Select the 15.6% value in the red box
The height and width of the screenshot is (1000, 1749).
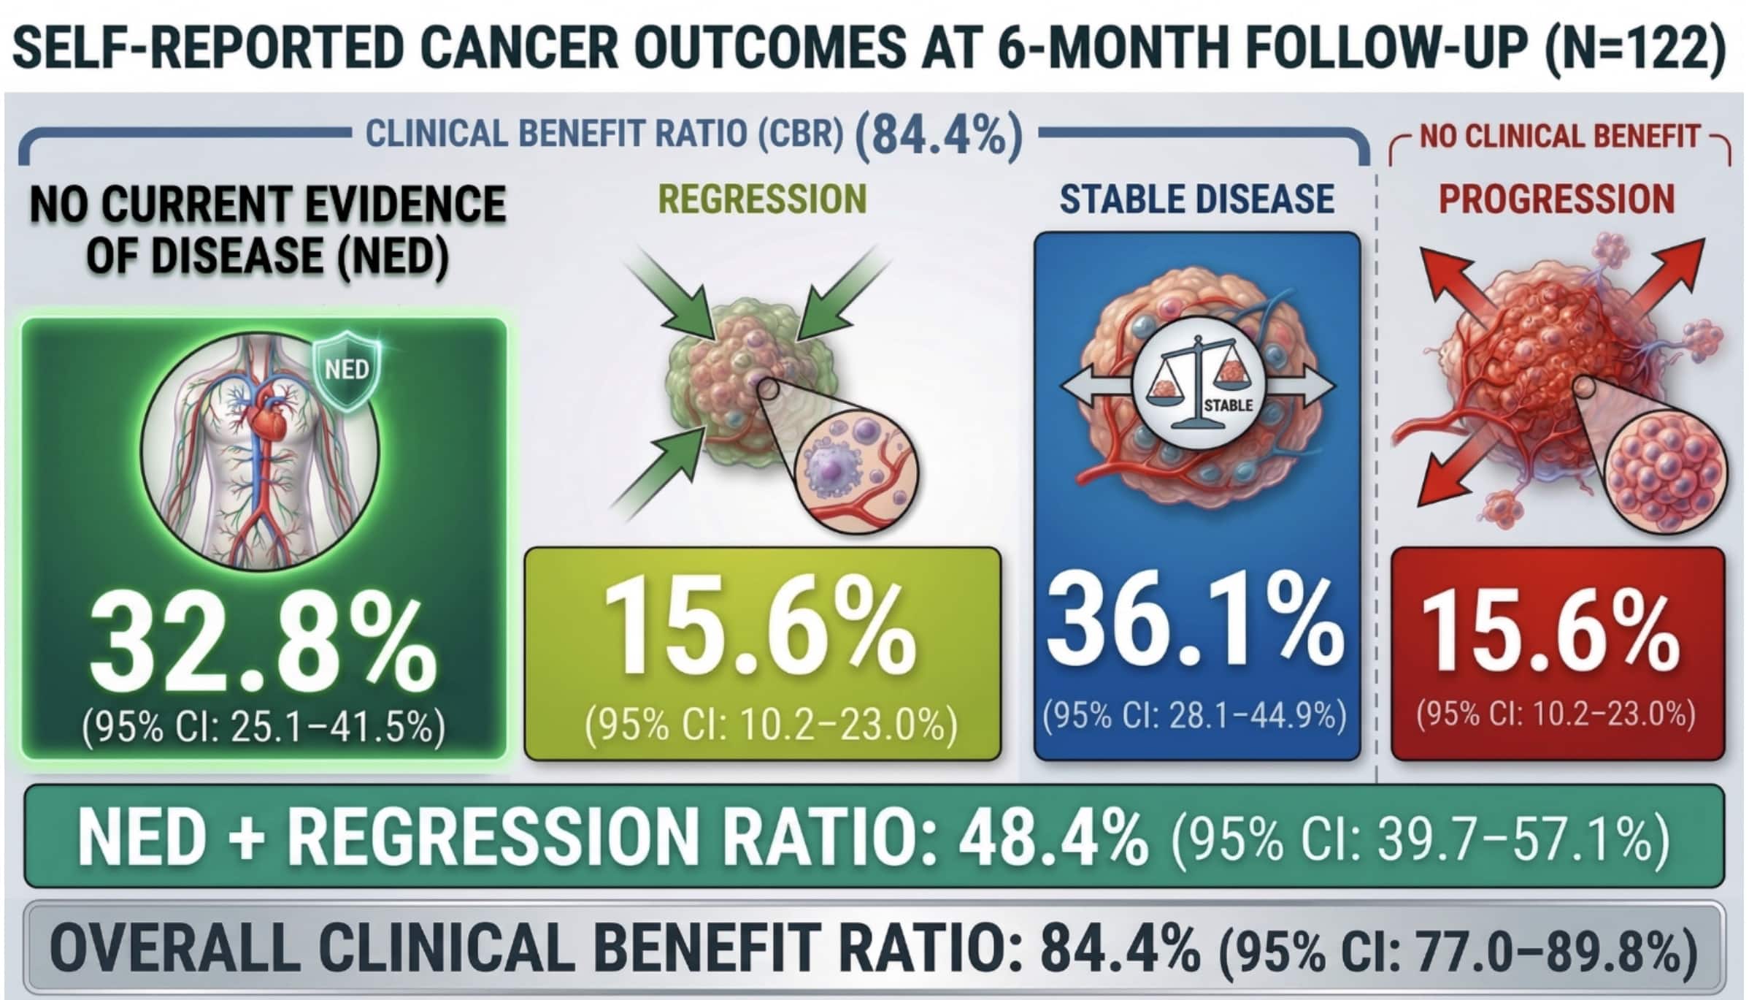click(1552, 632)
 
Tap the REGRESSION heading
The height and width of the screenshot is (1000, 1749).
click(761, 199)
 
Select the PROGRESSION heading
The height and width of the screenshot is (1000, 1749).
click(1556, 199)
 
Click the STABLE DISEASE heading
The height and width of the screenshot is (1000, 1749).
click(1196, 199)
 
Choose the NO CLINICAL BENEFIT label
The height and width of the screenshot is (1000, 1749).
click(1559, 137)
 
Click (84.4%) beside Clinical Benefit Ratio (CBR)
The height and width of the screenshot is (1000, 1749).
click(939, 136)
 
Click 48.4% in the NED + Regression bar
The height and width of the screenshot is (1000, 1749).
click(1053, 837)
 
